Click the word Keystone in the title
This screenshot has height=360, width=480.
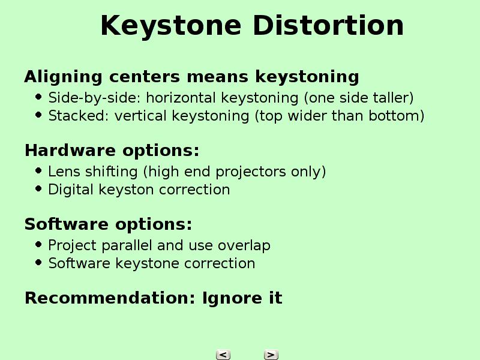(171, 26)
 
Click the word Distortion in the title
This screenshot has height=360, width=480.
(328, 25)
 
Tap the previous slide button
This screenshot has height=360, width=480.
(223, 355)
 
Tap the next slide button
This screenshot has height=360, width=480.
(271, 355)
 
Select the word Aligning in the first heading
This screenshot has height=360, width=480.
(64, 77)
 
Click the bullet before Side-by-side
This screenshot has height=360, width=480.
(38, 97)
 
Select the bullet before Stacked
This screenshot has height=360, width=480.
(38, 115)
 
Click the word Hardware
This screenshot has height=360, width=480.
(70, 151)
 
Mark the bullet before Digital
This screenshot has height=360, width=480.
(38, 189)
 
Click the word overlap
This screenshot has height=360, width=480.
(244, 246)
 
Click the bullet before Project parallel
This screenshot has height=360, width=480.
(38, 245)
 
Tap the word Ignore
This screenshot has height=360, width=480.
(232, 299)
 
